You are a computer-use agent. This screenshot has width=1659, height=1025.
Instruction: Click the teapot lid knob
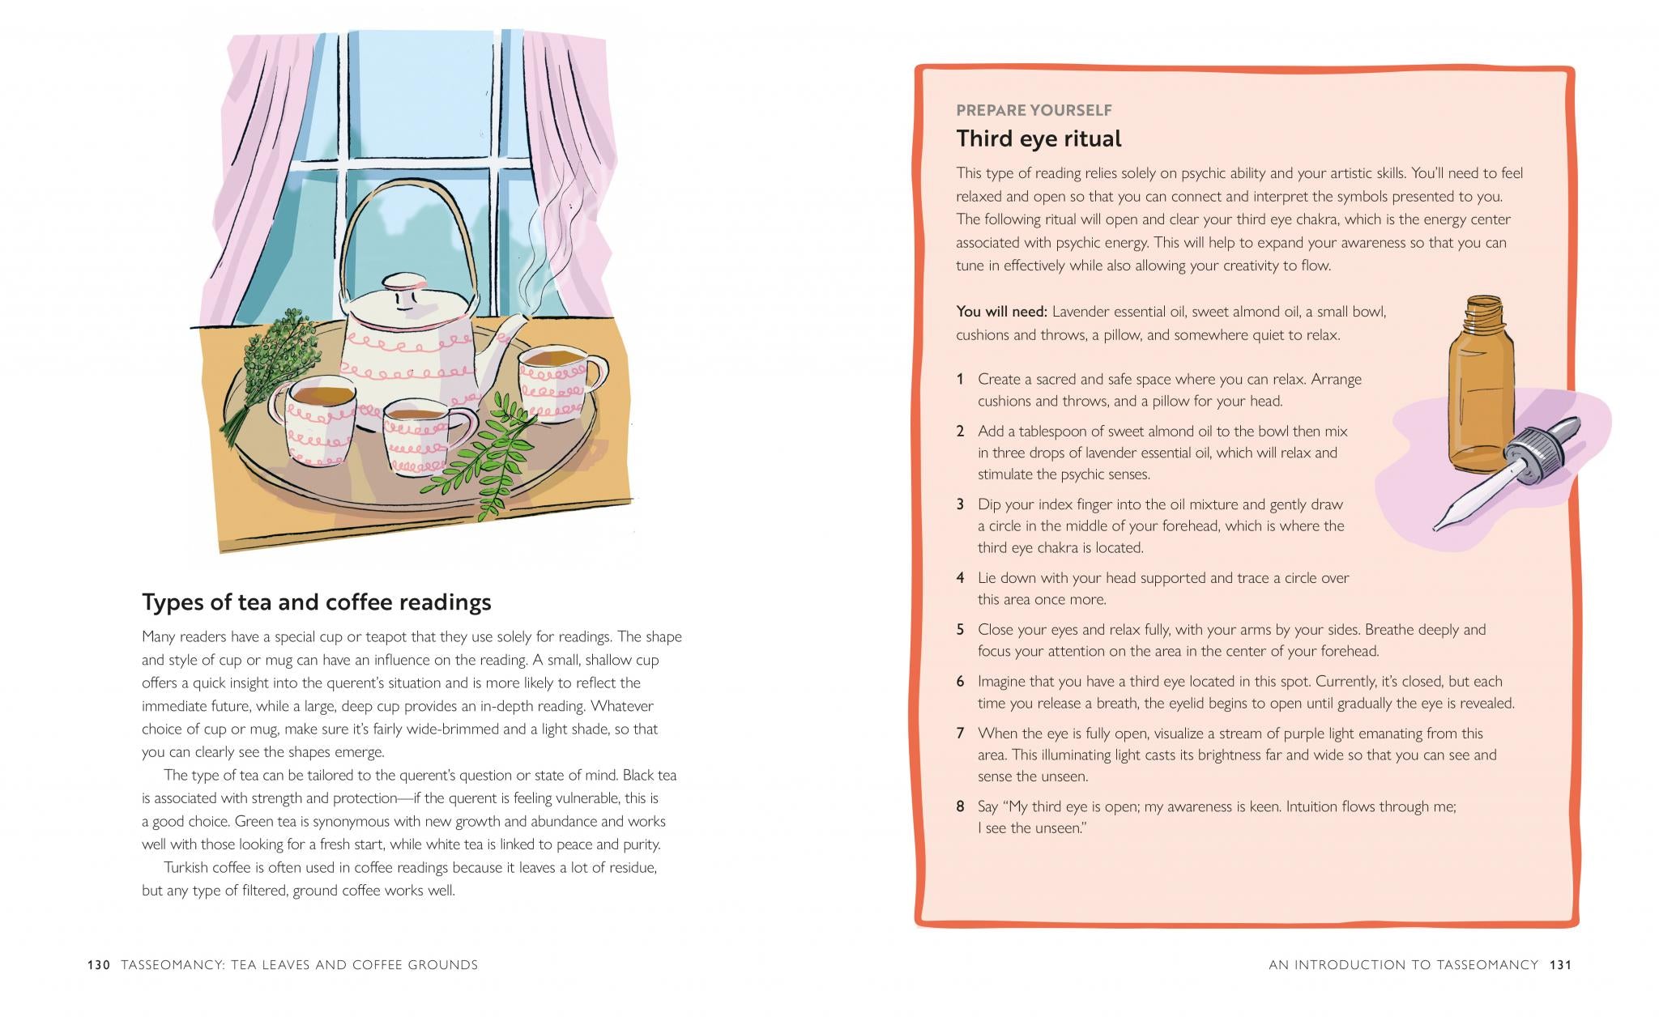click(x=403, y=283)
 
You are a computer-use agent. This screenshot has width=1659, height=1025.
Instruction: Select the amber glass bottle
click(x=1482, y=389)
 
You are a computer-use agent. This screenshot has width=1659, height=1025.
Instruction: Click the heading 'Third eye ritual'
click(x=1038, y=138)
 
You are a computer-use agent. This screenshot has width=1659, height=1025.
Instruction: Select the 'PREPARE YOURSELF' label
click(x=1034, y=110)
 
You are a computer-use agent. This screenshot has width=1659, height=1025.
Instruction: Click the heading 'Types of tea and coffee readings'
click(x=317, y=602)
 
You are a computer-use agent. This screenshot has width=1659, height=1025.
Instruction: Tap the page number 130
click(x=99, y=965)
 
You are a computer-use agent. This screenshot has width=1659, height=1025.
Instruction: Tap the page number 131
click(x=1560, y=965)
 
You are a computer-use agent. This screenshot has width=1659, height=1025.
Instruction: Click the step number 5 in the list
click(x=960, y=630)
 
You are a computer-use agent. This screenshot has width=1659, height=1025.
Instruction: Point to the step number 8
click(x=960, y=806)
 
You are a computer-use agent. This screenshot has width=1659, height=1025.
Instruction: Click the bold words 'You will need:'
click(x=1001, y=312)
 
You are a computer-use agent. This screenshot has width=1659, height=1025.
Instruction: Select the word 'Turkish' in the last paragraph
click(x=186, y=868)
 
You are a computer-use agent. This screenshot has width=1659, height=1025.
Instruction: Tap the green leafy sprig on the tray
click(x=486, y=453)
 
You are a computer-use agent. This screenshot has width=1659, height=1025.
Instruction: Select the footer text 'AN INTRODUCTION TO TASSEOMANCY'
click(x=1403, y=965)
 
